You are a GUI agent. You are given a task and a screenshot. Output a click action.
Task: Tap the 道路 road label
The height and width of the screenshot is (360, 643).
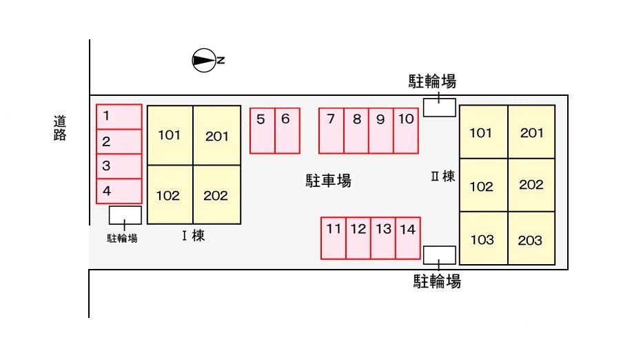point(60,128)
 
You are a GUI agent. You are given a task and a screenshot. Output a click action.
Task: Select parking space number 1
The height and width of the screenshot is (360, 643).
point(119,117)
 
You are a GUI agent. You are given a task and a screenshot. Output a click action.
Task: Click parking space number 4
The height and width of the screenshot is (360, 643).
point(119,191)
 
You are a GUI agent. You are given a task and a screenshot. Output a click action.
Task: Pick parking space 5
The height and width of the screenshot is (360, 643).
point(262,130)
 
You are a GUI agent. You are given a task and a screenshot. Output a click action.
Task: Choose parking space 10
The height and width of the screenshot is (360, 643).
point(406,130)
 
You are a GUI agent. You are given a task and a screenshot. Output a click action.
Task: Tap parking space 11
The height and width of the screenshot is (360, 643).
point(334,238)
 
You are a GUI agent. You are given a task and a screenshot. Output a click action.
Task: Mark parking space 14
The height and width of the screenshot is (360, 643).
point(408,238)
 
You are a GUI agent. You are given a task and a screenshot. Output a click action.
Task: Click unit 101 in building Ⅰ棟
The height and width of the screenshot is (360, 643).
point(170,135)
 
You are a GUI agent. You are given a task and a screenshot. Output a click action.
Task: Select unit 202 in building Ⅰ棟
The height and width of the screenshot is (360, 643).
point(216,195)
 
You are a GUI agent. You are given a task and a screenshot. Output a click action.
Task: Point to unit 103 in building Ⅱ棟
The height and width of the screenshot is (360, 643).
point(482,239)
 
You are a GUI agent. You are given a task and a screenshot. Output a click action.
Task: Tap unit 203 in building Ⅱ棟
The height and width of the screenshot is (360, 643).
point(531,239)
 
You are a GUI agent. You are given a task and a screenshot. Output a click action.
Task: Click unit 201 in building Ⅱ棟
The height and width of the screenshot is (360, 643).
point(531,132)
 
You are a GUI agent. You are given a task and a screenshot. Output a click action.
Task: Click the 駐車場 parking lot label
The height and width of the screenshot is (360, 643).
point(329,181)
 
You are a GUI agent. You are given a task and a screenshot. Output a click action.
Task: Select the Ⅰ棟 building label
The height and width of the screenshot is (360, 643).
point(193,236)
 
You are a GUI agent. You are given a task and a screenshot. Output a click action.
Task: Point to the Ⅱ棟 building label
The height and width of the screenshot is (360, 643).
point(442,177)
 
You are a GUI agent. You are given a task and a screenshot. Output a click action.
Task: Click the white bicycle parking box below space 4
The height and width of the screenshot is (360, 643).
point(125,214)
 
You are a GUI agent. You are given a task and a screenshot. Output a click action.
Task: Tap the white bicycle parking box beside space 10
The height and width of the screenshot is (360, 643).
point(440,108)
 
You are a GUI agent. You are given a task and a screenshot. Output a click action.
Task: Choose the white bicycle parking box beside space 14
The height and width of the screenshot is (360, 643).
point(440,254)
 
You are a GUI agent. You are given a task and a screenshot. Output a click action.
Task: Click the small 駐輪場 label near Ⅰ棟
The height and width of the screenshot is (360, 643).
point(122,239)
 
